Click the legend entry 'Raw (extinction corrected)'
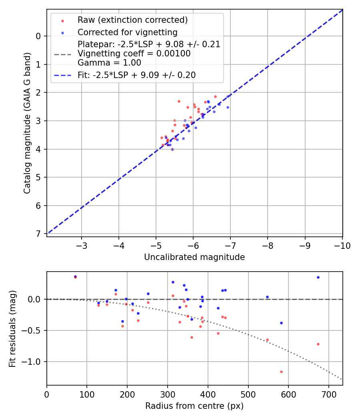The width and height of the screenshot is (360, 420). point(132,20)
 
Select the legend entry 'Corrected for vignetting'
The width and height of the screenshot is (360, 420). point(128,32)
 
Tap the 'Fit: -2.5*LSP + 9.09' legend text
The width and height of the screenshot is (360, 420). point(136,75)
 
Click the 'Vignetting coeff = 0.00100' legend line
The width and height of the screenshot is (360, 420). point(134,53)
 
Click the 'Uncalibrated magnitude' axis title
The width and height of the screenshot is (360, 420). point(194,257)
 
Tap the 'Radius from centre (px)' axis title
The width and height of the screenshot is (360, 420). point(194,406)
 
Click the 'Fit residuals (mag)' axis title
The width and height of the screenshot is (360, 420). point(13,328)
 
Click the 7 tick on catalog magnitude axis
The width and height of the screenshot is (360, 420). point(39,234)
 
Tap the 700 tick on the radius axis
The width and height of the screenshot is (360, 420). point(328,394)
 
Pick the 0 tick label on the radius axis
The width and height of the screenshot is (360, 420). point(47,394)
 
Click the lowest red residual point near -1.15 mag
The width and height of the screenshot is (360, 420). point(281,372)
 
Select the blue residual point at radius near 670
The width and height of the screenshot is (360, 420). point(318,277)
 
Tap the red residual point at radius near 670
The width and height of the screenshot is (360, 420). point(318,344)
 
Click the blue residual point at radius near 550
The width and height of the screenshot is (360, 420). point(267,297)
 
